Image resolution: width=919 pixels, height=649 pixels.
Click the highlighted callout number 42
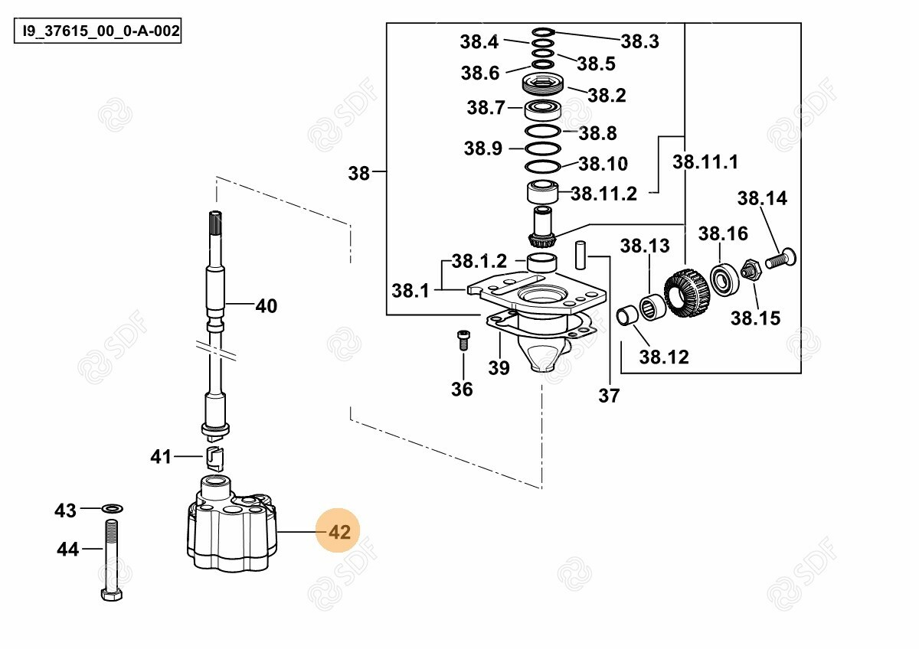[x=338, y=532]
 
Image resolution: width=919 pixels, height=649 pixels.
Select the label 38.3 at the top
[x=639, y=41]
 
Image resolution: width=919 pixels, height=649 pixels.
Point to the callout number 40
[x=266, y=306]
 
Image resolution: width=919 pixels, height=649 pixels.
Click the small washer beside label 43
[x=113, y=508]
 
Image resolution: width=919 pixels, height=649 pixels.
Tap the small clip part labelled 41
[x=214, y=460]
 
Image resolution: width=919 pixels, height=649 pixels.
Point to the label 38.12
[x=664, y=357]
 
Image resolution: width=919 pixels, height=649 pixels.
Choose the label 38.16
[x=722, y=233]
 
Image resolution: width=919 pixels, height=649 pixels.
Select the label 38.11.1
[x=705, y=162]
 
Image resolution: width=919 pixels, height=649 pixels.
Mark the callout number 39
[x=499, y=368]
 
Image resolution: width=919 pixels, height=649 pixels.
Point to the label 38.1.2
[x=479, y=262]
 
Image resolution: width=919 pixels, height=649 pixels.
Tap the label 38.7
[x=486, y=108]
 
